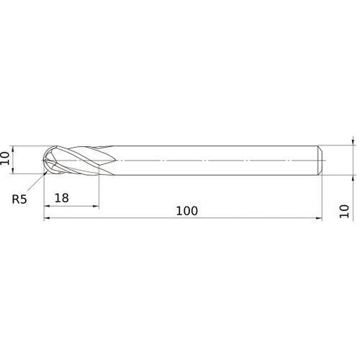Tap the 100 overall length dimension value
pos(186,210)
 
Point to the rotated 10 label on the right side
pos(343,210)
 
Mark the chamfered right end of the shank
pos(320,159)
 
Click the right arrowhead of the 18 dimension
pos(96,206)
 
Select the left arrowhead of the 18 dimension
pos(47,206)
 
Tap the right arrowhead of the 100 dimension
pos(319,219)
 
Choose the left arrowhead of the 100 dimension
pos(47,219)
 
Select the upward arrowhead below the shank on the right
pos(353,175)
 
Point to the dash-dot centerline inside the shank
pos(216,159)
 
